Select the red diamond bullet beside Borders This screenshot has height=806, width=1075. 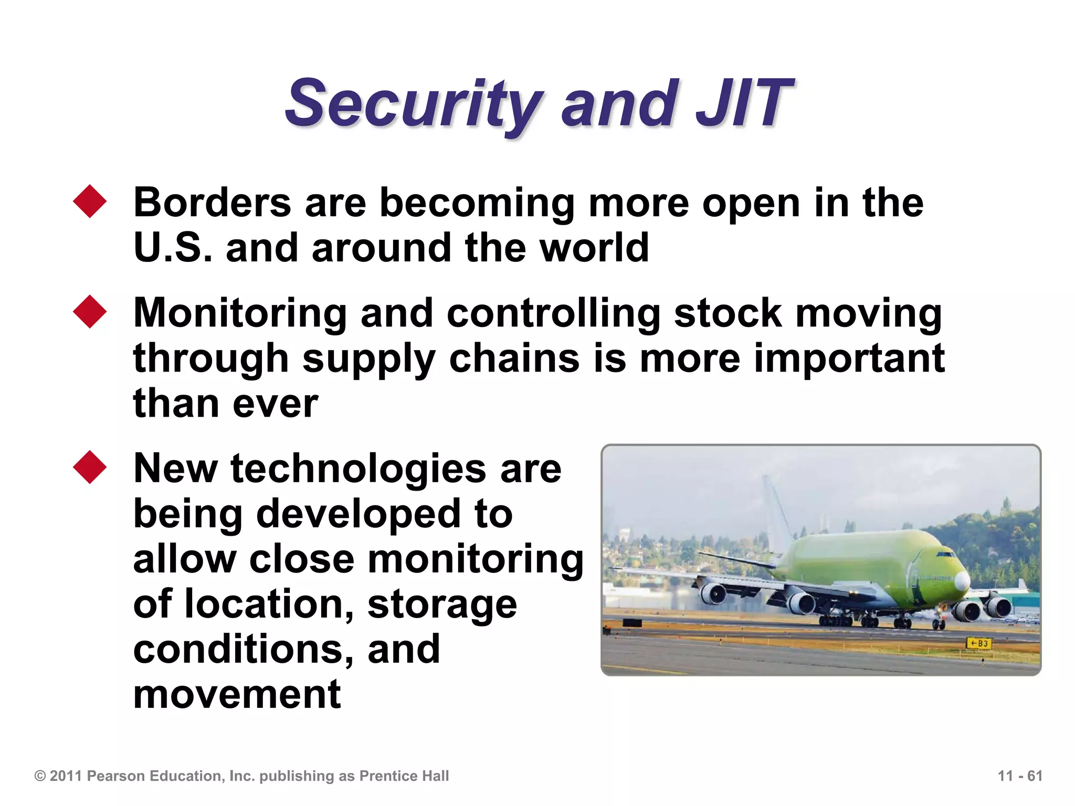(x=90, y=201)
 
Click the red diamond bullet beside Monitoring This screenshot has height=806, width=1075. (x=90, y=312)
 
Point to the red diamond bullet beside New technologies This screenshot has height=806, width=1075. (x=90, y=466)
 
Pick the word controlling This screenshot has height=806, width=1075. (x=553, y=313)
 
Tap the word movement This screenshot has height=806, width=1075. (x=237, y=694)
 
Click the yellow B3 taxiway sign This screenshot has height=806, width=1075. (x=978, y=643)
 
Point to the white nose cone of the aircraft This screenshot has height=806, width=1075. (x=962, y=580)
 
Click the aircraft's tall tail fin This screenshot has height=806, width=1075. (x=776, y=506)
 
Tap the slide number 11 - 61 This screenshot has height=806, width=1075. (x=1019, y=776)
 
